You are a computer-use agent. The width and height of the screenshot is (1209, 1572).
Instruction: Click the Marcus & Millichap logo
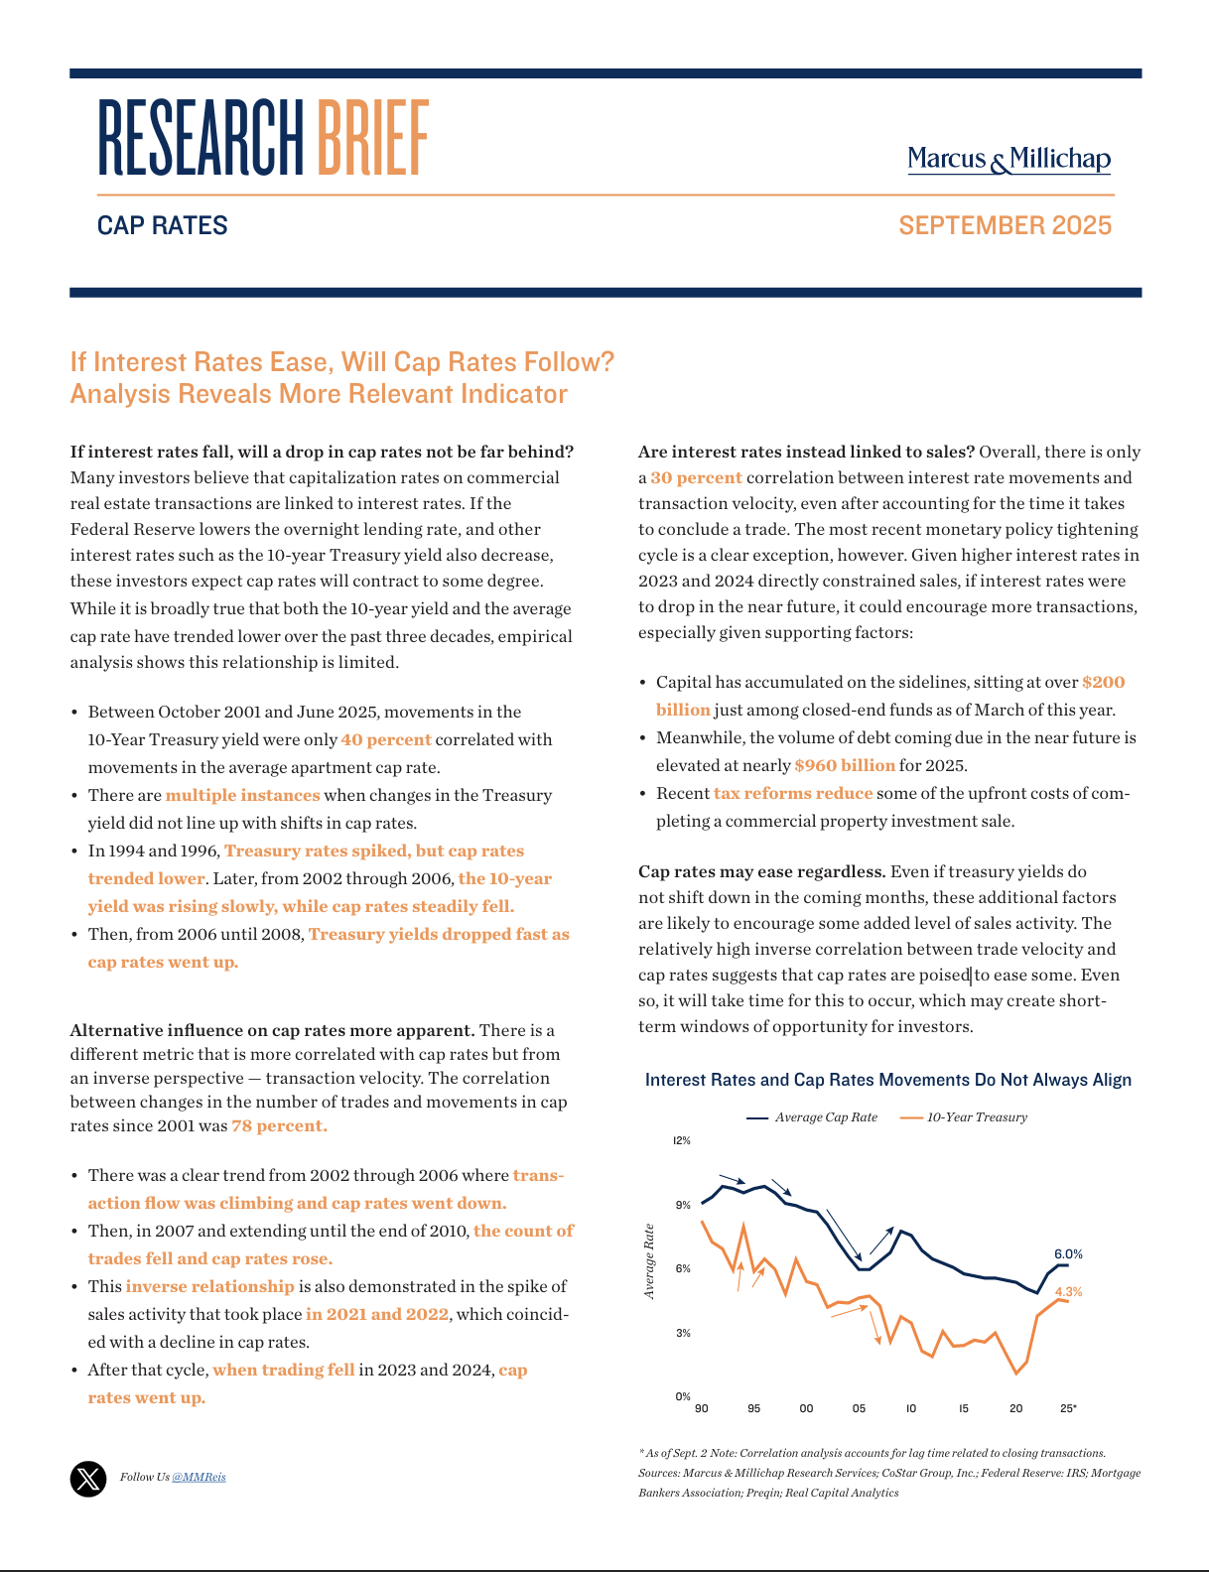(1008, 159)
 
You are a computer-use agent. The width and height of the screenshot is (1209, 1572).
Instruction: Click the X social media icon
(88, 1479)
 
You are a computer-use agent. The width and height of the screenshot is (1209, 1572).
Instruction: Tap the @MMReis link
(199, 1477)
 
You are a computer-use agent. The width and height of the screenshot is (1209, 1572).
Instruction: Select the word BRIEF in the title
(373, 138)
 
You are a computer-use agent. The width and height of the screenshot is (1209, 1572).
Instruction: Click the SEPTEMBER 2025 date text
(1005, 225)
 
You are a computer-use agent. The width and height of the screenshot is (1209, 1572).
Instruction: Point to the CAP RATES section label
(163, 225)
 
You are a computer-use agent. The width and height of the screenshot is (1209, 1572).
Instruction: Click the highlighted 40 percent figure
(386, 739)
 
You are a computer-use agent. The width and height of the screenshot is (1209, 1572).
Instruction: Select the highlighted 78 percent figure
(279, 1125)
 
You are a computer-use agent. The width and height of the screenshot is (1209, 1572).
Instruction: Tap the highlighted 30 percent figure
(696, 477)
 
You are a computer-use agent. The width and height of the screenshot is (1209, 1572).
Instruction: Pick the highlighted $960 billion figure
(845, 765)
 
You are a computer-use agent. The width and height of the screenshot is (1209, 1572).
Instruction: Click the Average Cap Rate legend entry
(813, 1117)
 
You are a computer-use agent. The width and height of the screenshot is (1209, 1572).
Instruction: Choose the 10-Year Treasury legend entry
(964, 1117)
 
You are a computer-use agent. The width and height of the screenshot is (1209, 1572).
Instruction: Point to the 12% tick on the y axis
(682, 1141)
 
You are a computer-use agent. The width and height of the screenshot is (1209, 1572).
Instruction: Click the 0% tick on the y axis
(683, 1396)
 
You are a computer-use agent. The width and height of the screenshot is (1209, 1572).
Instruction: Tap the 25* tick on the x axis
(1068, 1408)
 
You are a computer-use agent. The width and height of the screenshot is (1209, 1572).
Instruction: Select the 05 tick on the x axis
(859, 1408)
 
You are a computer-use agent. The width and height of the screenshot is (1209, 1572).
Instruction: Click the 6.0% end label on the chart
(1068, 1253)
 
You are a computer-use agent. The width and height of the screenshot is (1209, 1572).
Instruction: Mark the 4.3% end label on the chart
(1068, 1292)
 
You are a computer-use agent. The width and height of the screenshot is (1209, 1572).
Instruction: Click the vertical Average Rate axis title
(649, 1261)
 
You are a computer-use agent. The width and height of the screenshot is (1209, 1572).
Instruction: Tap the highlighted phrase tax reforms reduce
(793, 793)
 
